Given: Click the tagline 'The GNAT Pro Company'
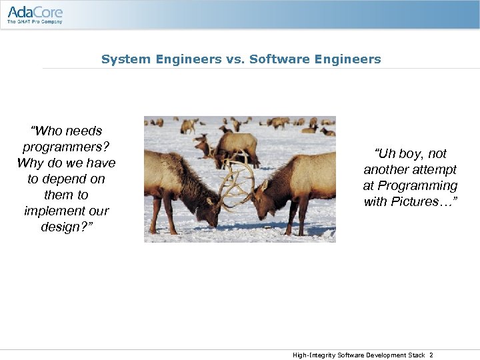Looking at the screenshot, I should coord(35,22).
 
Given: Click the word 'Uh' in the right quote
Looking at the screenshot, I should coord(386,153).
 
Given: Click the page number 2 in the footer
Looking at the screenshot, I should coord(431,355).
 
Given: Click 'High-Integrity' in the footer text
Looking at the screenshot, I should coord(314,355).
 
